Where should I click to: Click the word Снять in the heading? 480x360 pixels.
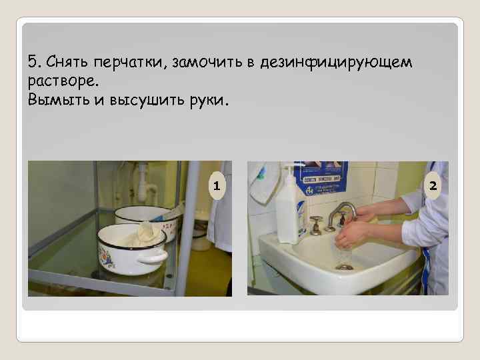coord(67,61)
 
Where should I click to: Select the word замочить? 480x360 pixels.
coord(207,63)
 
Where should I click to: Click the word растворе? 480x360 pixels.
coord(63,82)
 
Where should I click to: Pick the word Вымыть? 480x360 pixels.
coord(59,100)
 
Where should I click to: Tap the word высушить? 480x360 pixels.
coord(147,101)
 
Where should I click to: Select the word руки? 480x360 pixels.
coord(209,101)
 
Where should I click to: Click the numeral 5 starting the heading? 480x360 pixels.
coord(34,61)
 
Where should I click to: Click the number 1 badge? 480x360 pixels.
coord(217,186)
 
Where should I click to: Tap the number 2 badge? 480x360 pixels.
coord(433,186)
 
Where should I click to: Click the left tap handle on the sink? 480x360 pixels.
coord(315,225)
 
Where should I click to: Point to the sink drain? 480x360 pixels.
coord(344,267)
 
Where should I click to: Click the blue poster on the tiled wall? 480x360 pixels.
coord(321,177)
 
